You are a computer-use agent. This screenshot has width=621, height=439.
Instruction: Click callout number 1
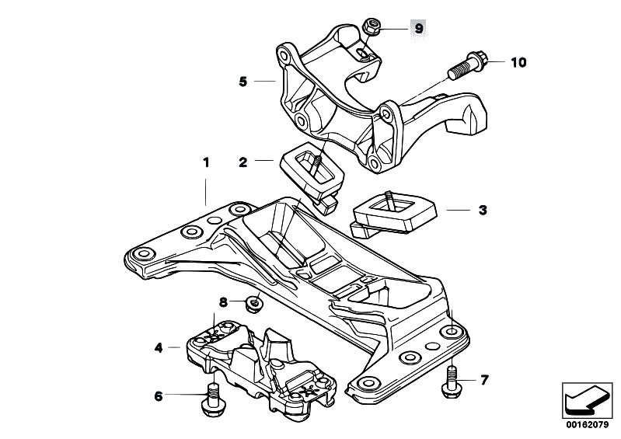pyautogui.click(x=207, y=164)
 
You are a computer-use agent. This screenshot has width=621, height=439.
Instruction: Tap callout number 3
pyautogui.click(x=482, y=210)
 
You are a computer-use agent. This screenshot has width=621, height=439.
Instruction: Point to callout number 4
pyautogui.click(x=159, y=348)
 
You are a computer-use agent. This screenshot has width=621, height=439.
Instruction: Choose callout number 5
pyautogui.click(x=243, y=80)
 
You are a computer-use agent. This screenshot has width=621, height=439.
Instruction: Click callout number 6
pyautogui.click(x=159, y=395)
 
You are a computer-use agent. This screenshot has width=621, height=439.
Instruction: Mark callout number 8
pyautogui.click(x=223, y=301)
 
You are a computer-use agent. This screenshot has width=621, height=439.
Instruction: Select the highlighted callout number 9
pyautogui.click(x=418, y=29)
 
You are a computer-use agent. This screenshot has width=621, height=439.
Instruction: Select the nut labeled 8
pyautogui.click(x=253, y=301)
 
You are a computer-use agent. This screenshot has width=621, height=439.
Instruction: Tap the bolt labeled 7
pyautogui.click(x=452, y=382)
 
